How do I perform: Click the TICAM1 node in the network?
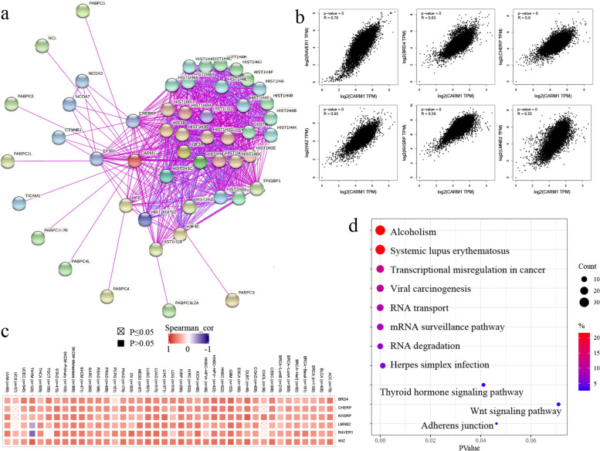tap(21, 203)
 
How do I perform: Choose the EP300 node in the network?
tap(97, 159)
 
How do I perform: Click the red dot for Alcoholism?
tap(380, 231)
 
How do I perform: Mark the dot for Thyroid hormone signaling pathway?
tap(483, 385)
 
